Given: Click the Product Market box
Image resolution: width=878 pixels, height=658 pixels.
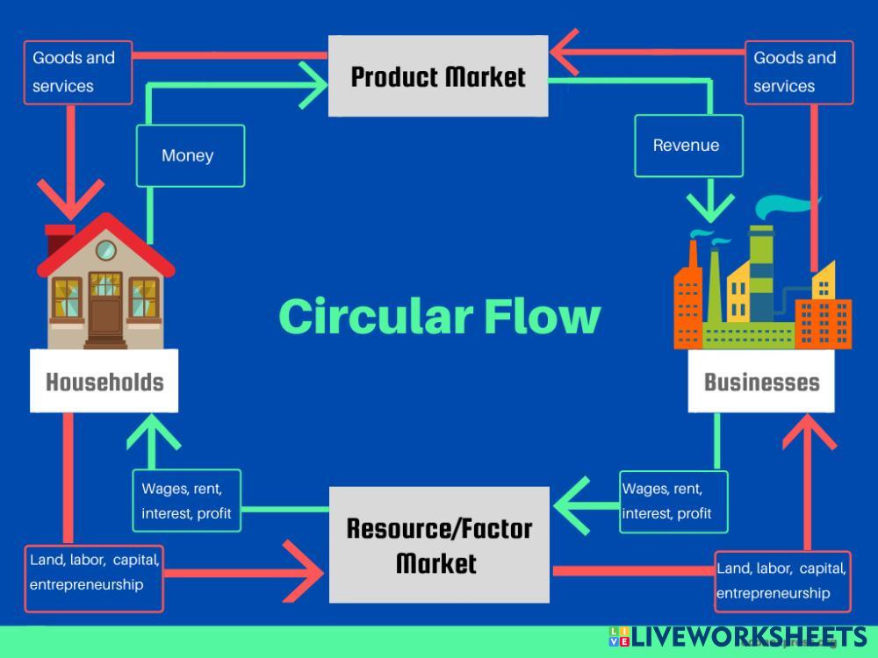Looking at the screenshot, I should tap(438, 76).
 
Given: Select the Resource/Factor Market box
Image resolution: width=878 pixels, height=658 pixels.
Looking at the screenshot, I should tap(438, 545).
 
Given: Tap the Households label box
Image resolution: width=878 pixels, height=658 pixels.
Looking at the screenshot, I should tap(104, 382).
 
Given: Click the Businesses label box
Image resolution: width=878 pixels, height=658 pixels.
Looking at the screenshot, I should tap(761, 382).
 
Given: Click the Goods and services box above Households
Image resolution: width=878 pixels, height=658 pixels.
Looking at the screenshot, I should tap(77, 72).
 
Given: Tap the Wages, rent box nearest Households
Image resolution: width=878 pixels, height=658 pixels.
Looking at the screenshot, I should tap(186, 501).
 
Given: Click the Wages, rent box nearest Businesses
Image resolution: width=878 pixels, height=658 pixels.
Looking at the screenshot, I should tap(673, 501).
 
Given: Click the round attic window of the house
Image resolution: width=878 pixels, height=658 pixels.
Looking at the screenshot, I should tap(105, 249).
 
